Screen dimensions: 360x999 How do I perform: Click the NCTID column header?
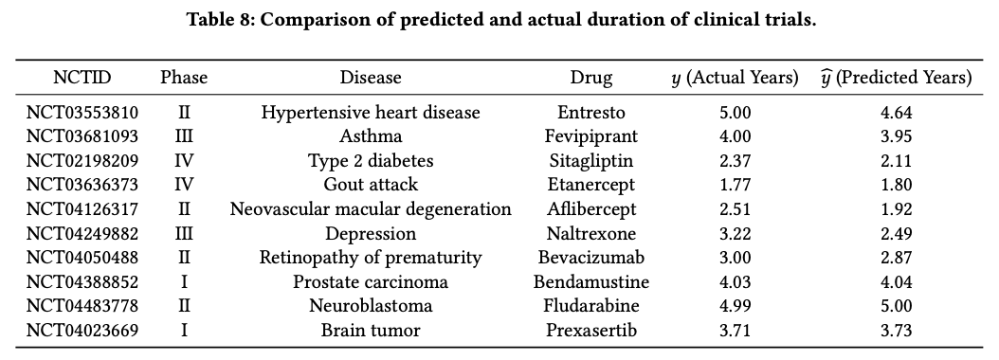pos(82,78)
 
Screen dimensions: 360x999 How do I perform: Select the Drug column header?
pos(590,78)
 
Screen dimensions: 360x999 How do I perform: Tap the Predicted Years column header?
pos(896,78)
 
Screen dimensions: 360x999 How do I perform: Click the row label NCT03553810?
pos(82,113)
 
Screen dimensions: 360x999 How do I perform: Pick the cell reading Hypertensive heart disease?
pos(371,113)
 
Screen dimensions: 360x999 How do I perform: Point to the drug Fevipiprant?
pos(590,136)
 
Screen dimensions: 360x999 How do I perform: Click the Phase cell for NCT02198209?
pos(184,161)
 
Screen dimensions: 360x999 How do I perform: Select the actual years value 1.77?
pos(736,185)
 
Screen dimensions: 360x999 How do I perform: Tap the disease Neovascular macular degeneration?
pos(371,209)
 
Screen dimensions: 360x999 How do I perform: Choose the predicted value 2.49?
pos(896,233)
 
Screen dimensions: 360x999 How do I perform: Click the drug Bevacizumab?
pos(590,258)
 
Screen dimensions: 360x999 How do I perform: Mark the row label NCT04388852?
pos(82,282)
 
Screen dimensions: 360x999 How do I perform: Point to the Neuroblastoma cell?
pos(371,306)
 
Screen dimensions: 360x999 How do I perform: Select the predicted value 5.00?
pos(896,306)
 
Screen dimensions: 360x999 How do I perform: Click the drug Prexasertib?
pos(590,331)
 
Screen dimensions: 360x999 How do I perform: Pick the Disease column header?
pos(371,78)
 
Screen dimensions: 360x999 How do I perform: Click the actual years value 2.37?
pos(736,161)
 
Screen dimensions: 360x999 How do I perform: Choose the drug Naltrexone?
pos(590,233)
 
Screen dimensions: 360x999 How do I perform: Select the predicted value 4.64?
pos(896,113)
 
